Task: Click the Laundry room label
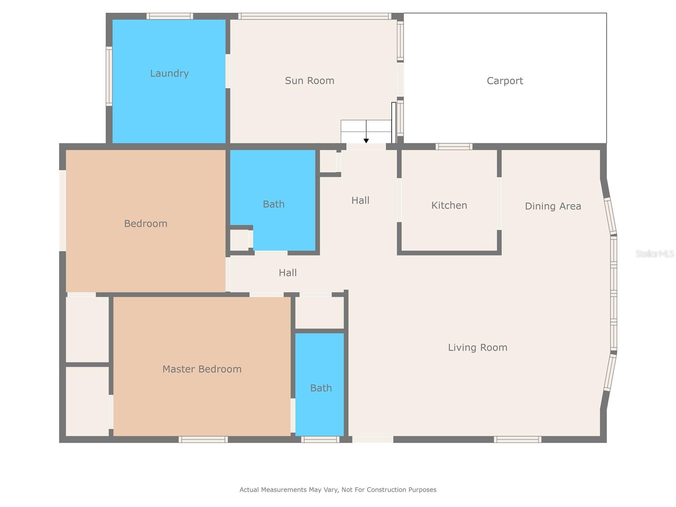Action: (169, 74)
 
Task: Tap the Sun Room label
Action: (309, 81)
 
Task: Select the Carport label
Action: (504, 81)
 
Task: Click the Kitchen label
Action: (449, 205)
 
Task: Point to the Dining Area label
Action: (553, 206)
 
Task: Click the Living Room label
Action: (477, 347)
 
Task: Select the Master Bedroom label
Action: (202, 369)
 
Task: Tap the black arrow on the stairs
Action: (366, 140)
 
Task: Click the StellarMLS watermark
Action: (654, 253)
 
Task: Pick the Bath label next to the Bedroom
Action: (273, 204)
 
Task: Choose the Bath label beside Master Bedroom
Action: (321, 388)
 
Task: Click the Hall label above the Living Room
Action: (360, 200)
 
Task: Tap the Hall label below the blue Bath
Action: (287, 273)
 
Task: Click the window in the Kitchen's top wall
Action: (454, 147)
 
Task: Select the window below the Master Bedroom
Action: (203, 439)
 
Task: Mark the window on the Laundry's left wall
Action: (109, 76)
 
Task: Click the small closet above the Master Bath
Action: (319, 313)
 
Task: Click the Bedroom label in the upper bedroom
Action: (145, 224)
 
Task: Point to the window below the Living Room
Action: (517, 439)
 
